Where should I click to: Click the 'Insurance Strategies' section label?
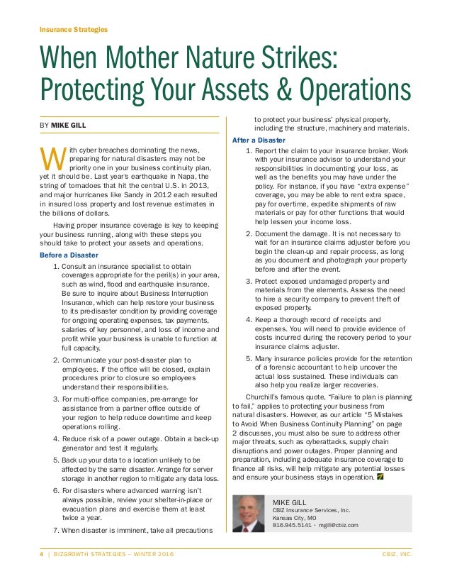73,29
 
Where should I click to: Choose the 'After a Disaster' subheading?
259,140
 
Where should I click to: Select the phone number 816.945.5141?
295,526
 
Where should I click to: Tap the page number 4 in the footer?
40,553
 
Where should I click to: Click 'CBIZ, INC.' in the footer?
397,553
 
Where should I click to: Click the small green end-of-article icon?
380,475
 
